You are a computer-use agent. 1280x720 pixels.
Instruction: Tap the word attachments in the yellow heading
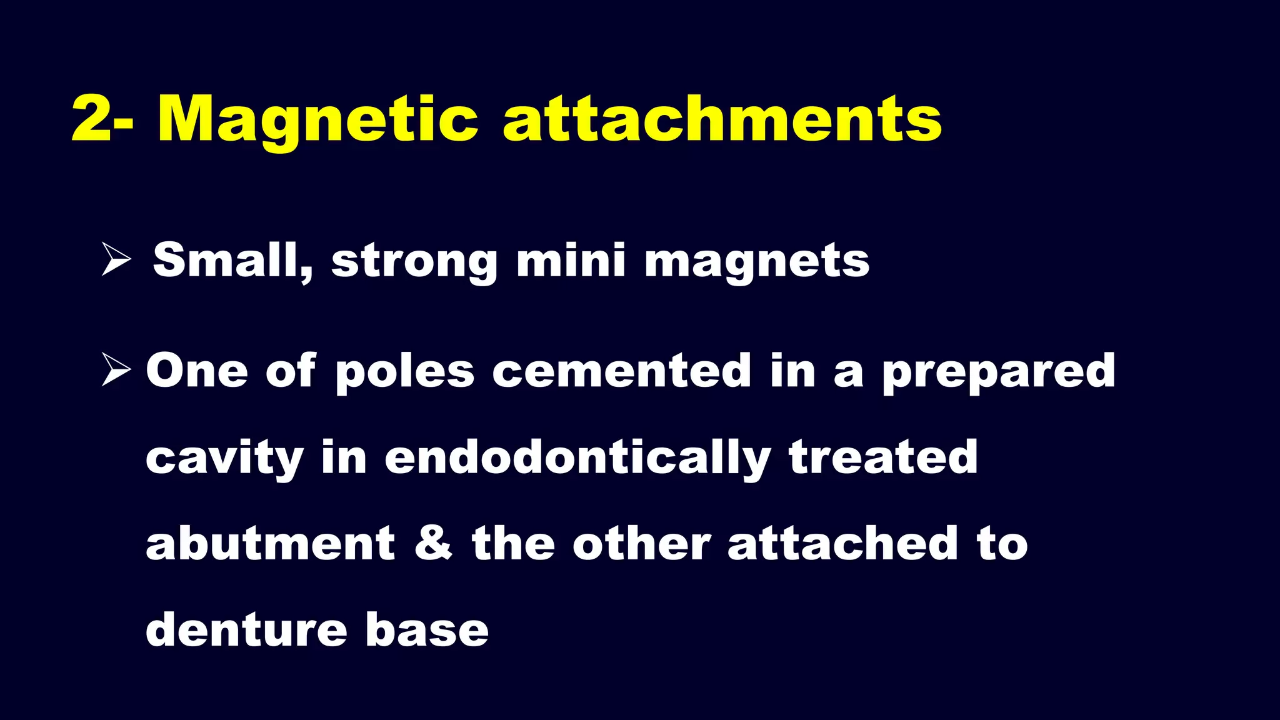722,120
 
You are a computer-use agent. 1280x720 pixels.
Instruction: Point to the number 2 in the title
91,120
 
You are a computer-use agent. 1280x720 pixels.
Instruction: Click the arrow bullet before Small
116,260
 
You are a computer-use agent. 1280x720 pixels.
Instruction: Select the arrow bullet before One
116,370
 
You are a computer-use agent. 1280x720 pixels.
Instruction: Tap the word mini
571,260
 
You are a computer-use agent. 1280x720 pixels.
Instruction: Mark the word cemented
622,371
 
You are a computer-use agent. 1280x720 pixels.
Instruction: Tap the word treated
883,457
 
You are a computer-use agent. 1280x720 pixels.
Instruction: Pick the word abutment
271,544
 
